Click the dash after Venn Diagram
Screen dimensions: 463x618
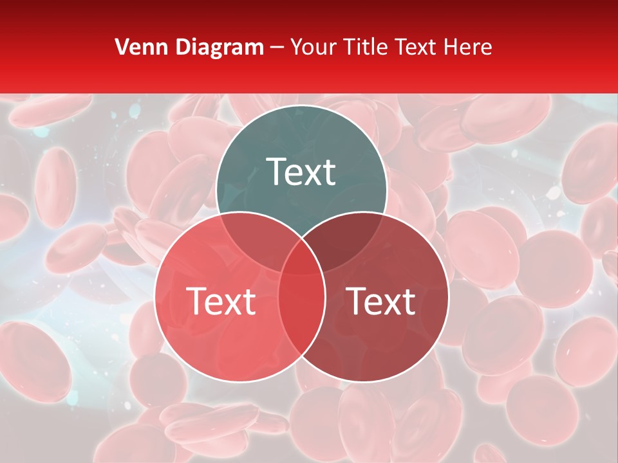pos(277,48)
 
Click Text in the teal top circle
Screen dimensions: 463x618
pos(301,172)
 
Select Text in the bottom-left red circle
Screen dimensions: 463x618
pos(221,301)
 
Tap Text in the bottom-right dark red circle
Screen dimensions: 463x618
pos(381,301)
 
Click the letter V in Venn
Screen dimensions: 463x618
pos(121,47)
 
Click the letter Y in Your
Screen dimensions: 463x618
pos(297,47)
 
